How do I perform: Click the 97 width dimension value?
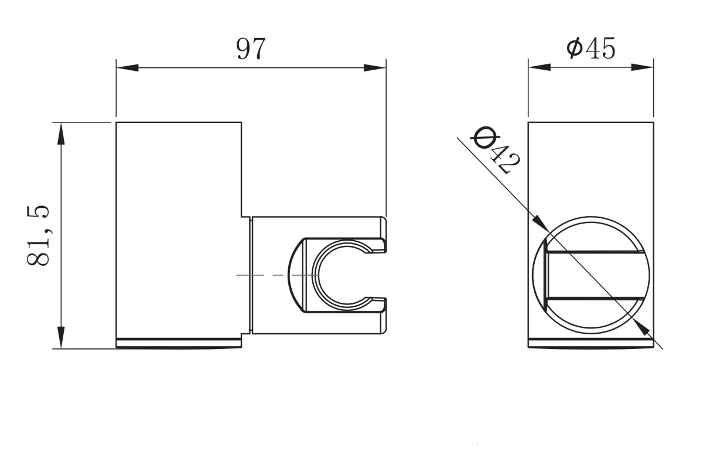(x=251, y=49)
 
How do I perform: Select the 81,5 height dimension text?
(x=38, y=235)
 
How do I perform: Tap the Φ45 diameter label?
(x=591, y=48)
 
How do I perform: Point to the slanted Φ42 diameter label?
(x=495, y=150)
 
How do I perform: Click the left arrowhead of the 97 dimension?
(x=128, y=68)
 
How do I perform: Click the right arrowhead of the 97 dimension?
(x=375, y=68)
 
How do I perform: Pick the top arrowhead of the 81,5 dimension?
(x=61, y=133)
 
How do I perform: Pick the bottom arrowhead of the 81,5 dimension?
(x=61, y=337)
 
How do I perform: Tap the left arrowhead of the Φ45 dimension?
(x=540, y=67)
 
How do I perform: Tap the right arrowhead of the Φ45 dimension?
(x=643, y=67)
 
